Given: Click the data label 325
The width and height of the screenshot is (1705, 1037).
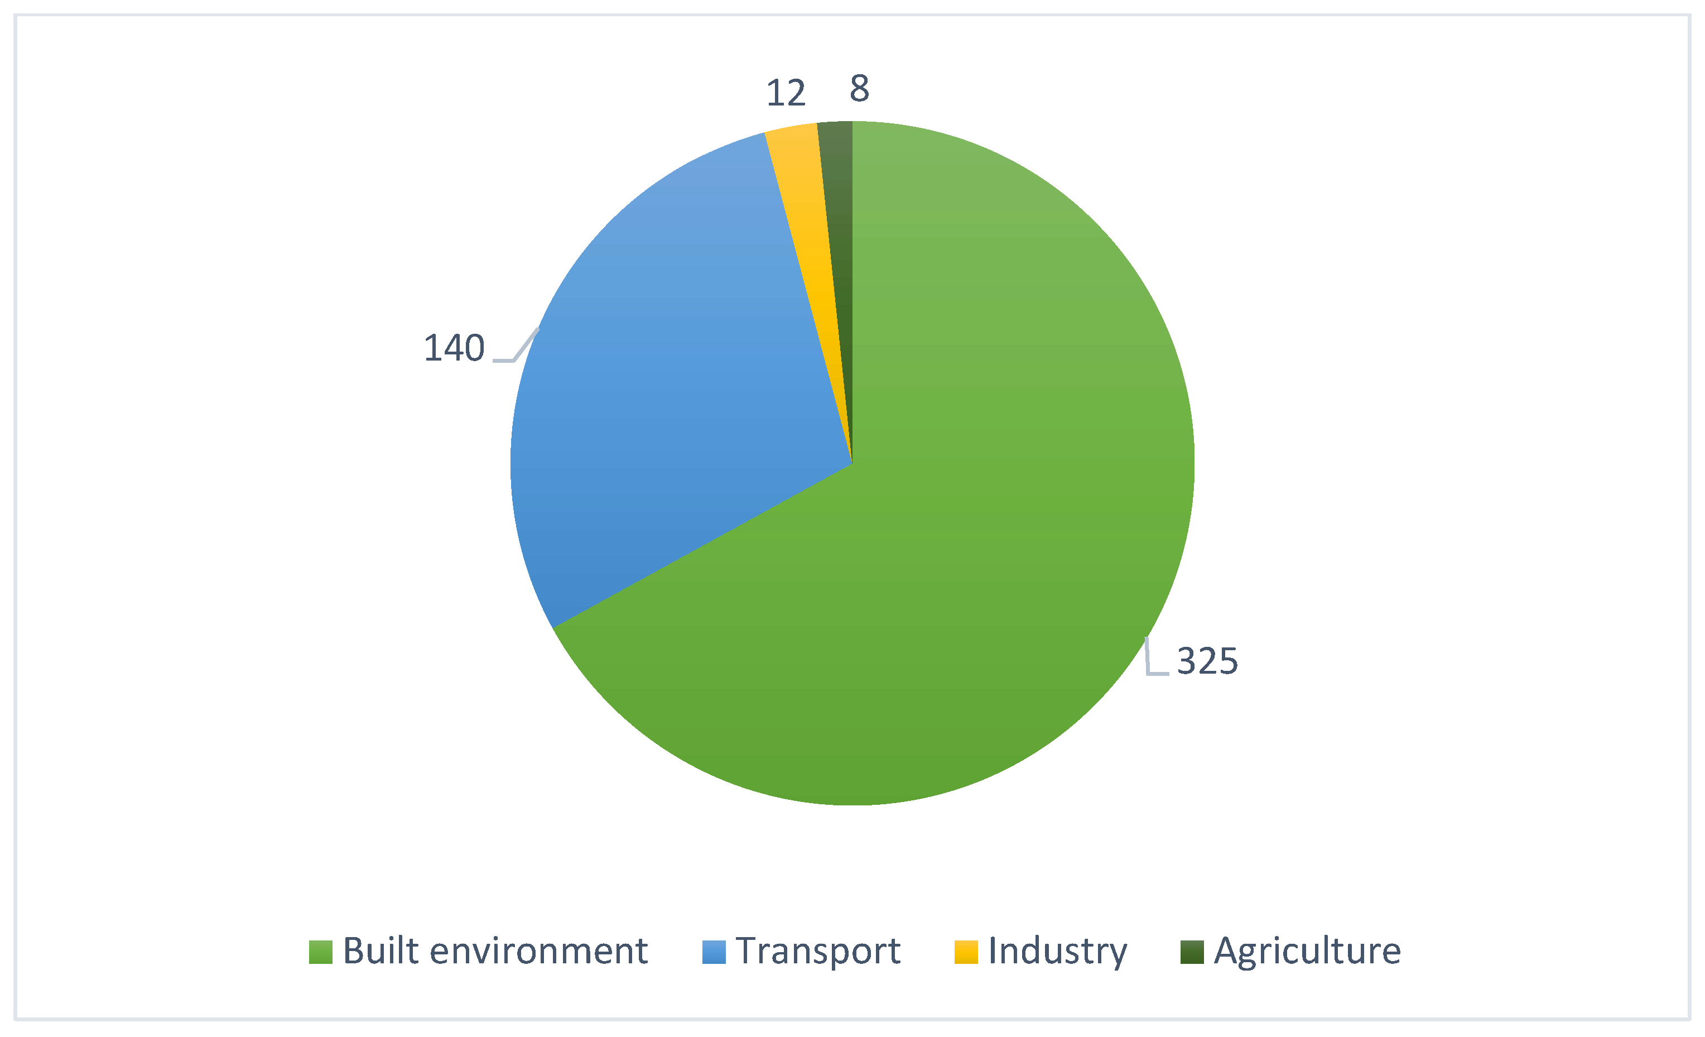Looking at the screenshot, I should [1207, 661].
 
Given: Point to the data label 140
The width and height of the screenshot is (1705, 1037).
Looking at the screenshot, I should [454, 348].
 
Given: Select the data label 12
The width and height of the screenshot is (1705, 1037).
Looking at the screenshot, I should [786, 93].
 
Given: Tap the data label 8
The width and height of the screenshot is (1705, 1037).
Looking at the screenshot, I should [859, 89].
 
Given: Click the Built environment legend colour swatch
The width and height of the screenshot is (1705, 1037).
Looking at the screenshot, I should [320, 952].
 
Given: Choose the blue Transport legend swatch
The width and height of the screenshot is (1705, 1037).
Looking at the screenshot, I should [714, 952].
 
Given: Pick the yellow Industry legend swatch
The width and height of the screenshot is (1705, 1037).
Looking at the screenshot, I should [966, 952].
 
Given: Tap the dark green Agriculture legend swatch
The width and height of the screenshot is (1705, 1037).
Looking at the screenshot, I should [1192, 952].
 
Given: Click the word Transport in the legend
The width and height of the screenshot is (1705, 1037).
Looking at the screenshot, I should [818, 951].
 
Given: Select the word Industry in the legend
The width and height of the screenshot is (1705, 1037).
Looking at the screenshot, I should [1057, 951].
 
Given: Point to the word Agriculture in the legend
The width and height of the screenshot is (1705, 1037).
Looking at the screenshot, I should [1307, 951].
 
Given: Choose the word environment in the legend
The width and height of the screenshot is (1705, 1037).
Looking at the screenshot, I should [538, 951].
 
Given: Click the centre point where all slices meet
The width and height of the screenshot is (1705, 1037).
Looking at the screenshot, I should [852, 463].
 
